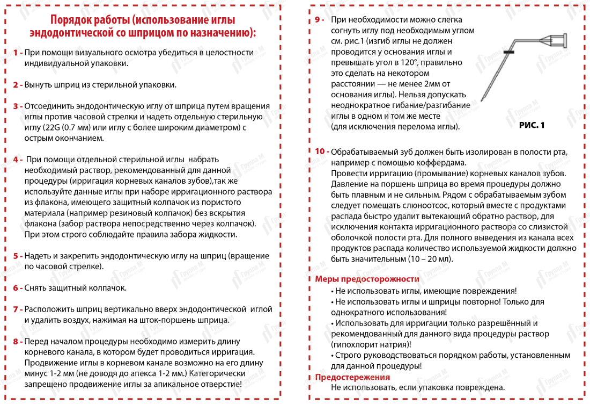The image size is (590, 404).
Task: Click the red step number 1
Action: pyautogui.click(x=15, y=53)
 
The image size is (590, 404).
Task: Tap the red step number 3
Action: pyautogui.click(x=16, y=106)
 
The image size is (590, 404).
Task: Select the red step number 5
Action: pyautogui.click(x=16, y=256)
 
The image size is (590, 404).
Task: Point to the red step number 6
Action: pyautogui.click(x=16, y=288)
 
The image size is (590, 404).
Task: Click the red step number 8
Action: pyautogui.click(x=16, y=341)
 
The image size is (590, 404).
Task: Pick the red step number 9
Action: pyautogui.click(x=318, y=20)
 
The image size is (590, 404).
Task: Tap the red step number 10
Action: pyautogui.click(x=321, y=152)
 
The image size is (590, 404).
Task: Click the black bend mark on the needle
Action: pyautogui.click(x=509, y=52)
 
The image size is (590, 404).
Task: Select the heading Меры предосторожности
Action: pyautogui.click(x=367, y=279)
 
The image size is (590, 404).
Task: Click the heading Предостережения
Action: pyautogui.click(x=352, y=377)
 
